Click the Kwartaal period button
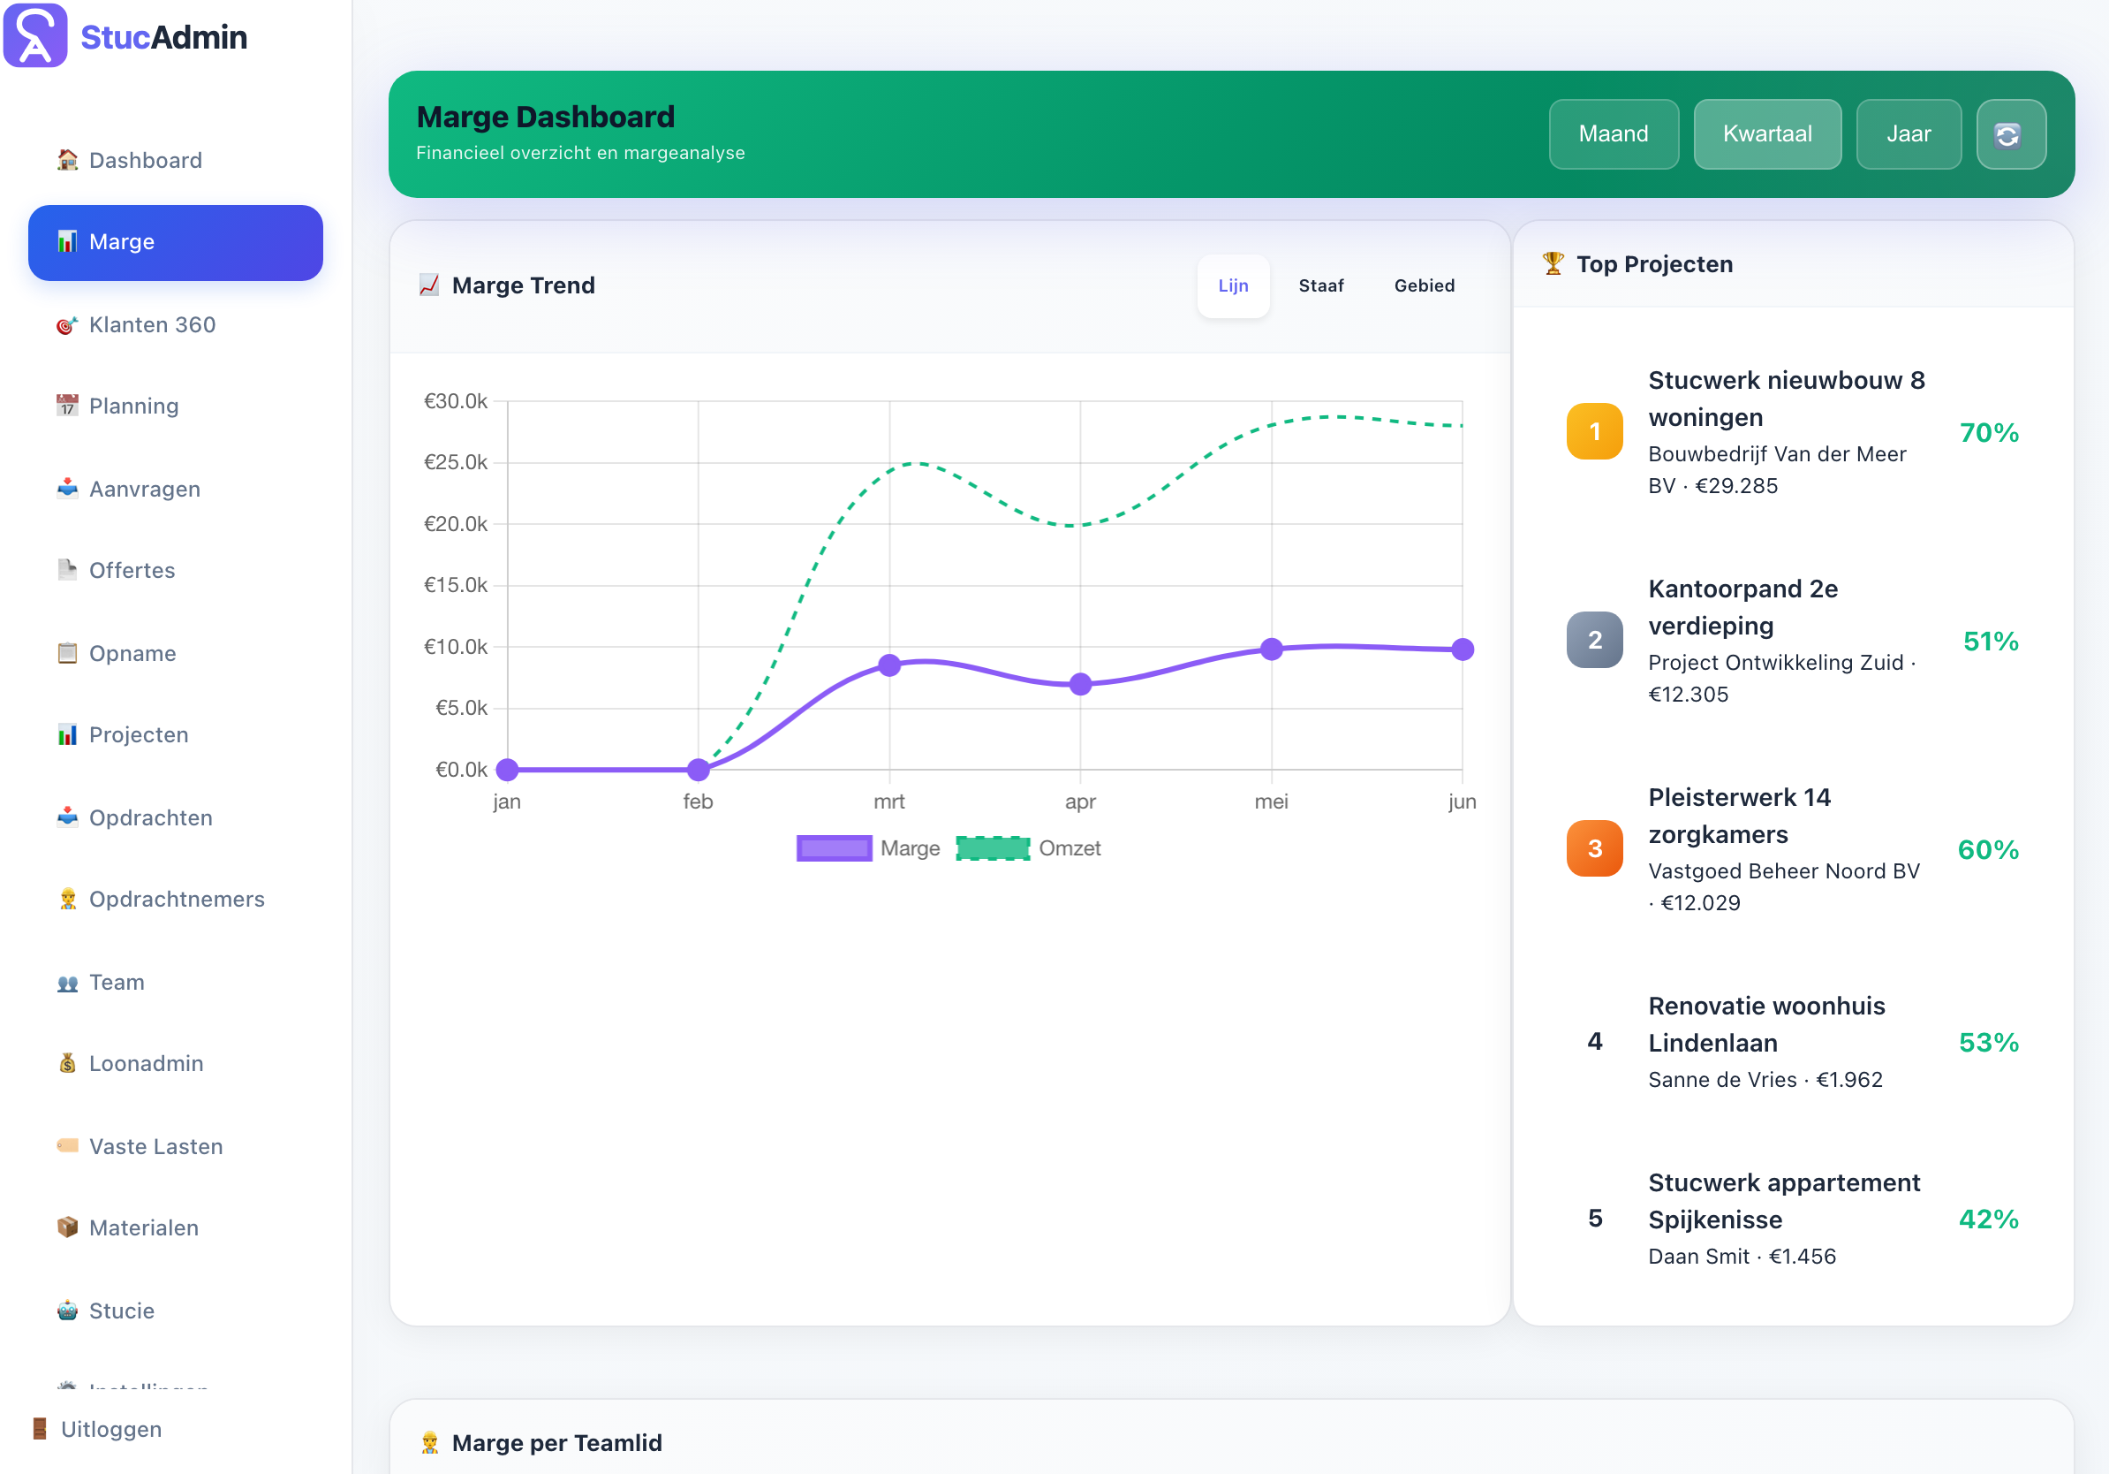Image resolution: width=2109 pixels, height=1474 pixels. click(x=1766, y=134)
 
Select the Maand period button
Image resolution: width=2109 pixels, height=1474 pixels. click(x=1613, y=134)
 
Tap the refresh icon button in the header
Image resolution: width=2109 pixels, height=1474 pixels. click(x=2010, y=134)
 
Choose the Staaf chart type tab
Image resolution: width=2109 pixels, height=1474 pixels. click(x=1320, y=285)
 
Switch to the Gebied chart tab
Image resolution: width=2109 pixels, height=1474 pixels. click(x=1424, y=285)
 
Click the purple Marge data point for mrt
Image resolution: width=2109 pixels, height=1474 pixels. click(x=889, y=665)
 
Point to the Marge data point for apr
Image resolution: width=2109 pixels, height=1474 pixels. click(x=1080, y=684)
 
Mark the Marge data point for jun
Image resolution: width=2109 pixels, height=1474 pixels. click(x=1463, y=650)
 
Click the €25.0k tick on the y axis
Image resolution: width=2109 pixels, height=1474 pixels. click(x=456, y=462)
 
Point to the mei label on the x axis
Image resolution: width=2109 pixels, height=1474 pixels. click(x=1271, y=802)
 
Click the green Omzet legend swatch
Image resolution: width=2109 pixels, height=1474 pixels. click(x=992, y=848)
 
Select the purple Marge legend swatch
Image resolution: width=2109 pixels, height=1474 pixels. click(x=834, y=848)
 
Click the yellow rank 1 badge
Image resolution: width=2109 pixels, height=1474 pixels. click(x=1594, y=431)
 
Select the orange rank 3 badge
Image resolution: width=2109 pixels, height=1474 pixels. click(x=1594, y=848)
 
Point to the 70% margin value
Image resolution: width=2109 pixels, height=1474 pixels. click(x=1989, y=433)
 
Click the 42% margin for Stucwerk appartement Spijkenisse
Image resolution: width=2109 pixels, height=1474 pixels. click(x=1989, y=1219)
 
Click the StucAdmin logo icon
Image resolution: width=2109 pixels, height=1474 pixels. click(x=35, y=36)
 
